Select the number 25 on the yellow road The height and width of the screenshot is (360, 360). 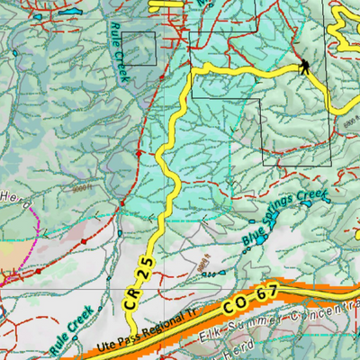click(x=142, y=267)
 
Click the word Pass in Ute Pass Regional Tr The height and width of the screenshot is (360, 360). click(x=126, y=338)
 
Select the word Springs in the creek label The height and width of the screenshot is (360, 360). click(x=282, y=214)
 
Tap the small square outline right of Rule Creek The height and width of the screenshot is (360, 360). click(x=139, y=49)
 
